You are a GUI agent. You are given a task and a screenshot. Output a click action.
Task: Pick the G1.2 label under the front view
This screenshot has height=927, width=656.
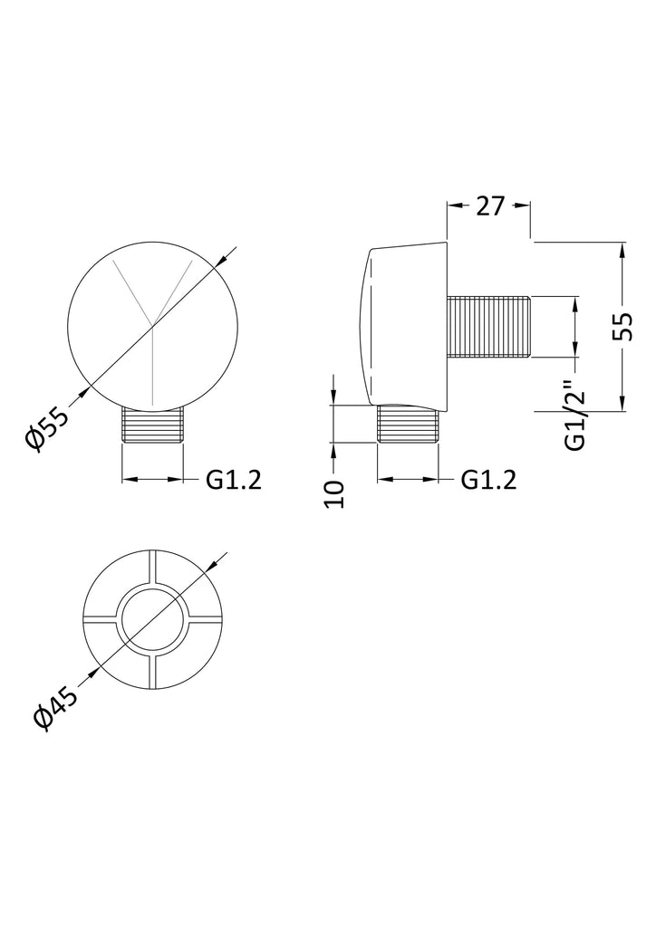[x=234, y=480]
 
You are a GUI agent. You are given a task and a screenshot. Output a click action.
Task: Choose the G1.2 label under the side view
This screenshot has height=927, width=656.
[x=488, y=480]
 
